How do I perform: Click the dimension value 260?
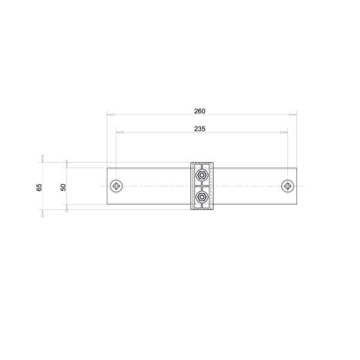coord(200,111)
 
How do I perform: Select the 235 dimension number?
coord(200,129)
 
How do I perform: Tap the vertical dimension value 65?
coord(40,187)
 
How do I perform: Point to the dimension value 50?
coord(63,187)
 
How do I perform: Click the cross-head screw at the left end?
coord(116,186)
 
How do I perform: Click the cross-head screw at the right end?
coord(288,186)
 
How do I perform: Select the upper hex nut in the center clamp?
coord(202,175)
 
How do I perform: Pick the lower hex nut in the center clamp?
coord(202,197)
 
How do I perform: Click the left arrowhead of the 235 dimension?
coord(118,132)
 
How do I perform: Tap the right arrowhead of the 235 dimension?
coord(285,132)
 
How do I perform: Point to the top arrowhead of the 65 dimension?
coord(42,158)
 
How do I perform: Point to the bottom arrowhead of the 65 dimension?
coord(42,214)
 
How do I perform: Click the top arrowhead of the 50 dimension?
coord(66,163)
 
